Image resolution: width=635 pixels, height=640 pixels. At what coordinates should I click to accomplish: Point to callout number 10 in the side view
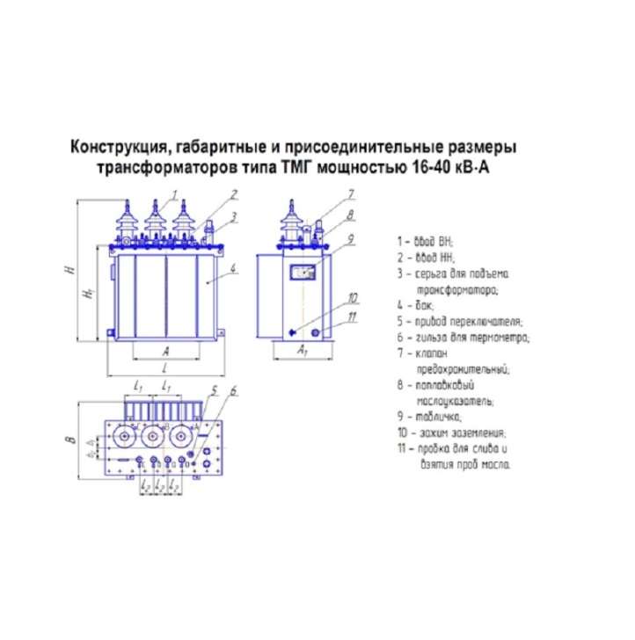point(353,296)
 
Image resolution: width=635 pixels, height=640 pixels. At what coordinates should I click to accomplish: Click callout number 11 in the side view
point(353,316)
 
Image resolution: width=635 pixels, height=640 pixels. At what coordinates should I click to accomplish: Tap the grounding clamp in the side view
point(293,331)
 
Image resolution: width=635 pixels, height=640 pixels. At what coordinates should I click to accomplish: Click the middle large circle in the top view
point(152,437)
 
